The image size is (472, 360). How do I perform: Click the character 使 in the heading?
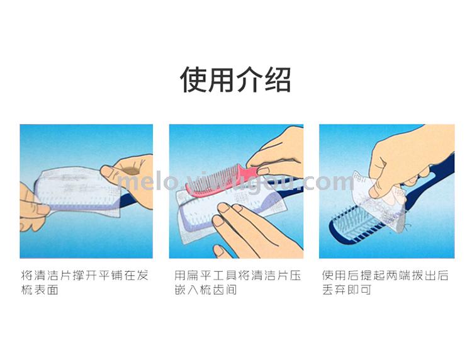click(x=193, y=79)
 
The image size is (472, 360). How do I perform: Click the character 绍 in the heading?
click(x=278, y=79)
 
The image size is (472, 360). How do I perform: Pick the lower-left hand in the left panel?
click(x=31, y=208)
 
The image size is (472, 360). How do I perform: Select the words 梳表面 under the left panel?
click(x=40, y=290)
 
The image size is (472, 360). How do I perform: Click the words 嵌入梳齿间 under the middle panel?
click(x=206, y=290)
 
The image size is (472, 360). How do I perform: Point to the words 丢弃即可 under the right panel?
click(x=347, y=290)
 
